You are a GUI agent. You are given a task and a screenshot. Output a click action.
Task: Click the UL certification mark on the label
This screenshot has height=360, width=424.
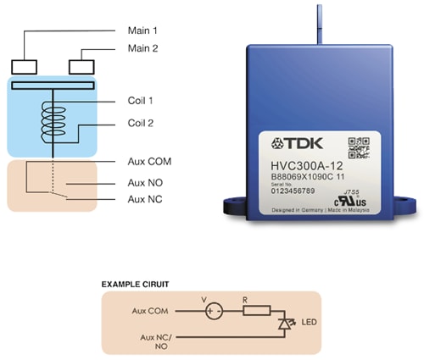(357, 202)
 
